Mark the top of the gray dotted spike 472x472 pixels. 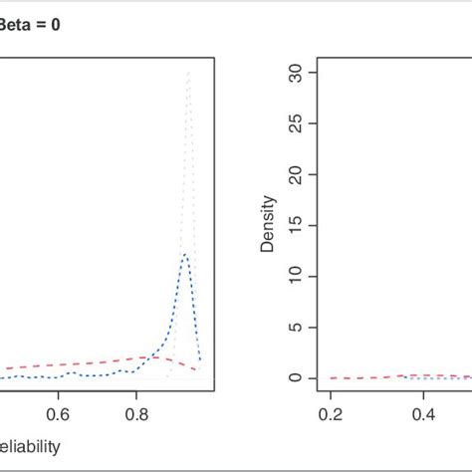coord(188,74)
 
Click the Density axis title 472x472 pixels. coord(267,225)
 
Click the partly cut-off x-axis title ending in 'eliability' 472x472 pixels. coord(30,447)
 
